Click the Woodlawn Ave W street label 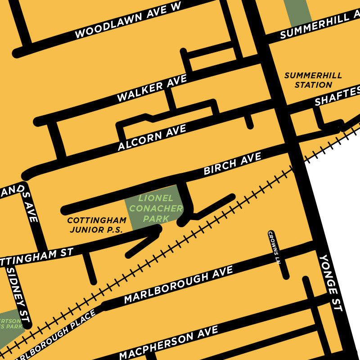[127, 20]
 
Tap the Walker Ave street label [152, 88]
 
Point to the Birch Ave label [232, 164]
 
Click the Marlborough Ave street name [178, 284]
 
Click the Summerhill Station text [313, 80]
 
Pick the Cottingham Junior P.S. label [96, 225]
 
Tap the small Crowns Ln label [274, 247]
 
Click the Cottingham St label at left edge [36, 257]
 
